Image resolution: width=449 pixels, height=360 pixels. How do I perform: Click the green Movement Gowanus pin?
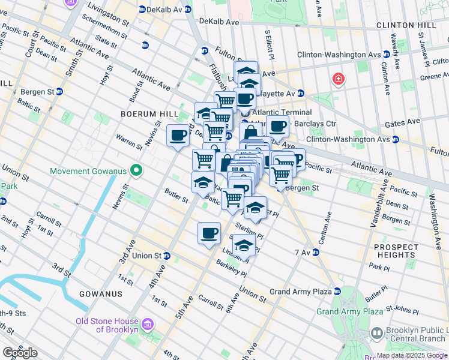point(136,171)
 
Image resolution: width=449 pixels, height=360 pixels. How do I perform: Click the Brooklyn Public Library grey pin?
point(376,332)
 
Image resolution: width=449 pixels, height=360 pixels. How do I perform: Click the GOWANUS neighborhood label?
point(100,294)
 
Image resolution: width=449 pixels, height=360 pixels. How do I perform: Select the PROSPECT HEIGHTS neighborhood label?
point(396,251)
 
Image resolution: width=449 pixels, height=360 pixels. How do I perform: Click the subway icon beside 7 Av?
point(315,252)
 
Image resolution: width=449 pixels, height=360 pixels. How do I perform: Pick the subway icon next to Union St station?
point(166,256)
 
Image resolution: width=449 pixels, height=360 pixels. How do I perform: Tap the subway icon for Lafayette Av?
point(301,94)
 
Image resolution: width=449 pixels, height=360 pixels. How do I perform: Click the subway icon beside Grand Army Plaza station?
point(337,292)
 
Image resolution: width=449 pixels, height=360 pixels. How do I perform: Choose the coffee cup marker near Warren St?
point(178,136)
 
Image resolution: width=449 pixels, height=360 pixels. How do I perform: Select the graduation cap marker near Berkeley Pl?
point(243,246)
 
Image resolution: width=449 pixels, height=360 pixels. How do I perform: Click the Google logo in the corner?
point(20,353)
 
